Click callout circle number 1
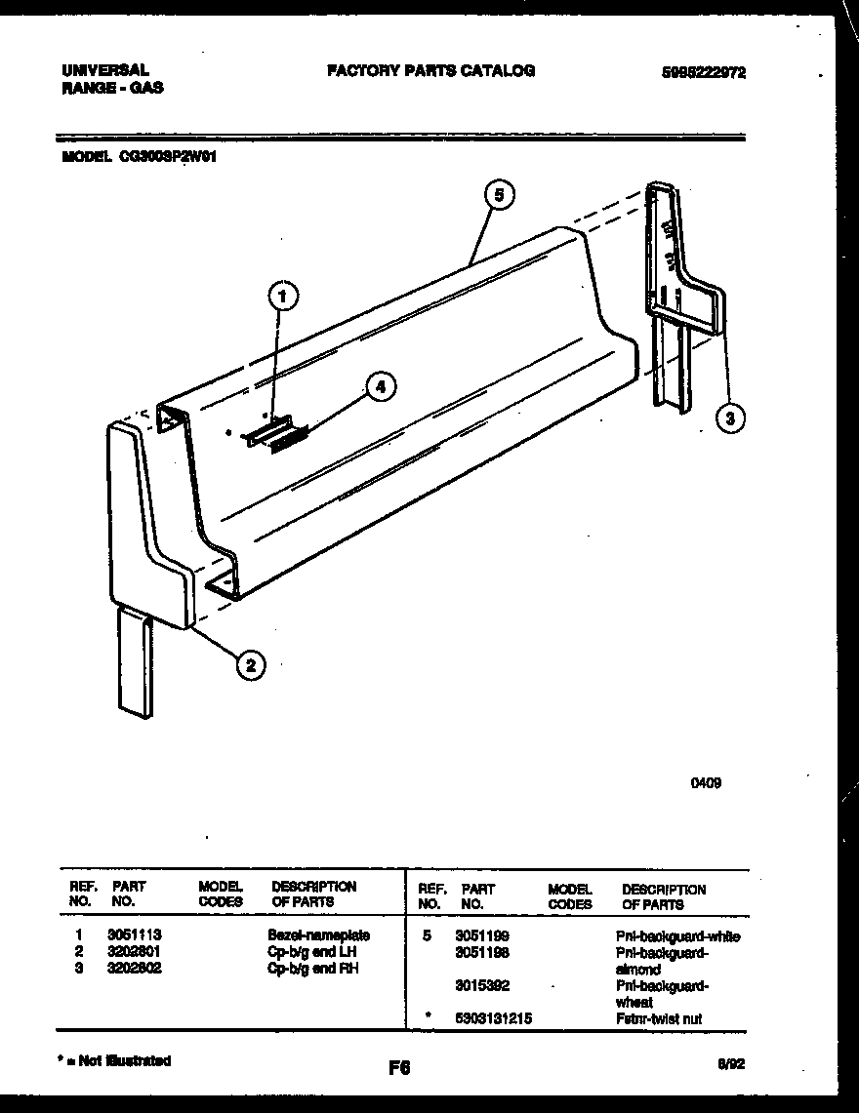[x=282, y=297]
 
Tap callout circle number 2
[x=250, y=665]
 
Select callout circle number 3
[x=729, y=418]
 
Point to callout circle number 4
[x=381, y=387]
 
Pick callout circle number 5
[x=498, y=194]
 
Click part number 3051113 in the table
[x=135, y=934]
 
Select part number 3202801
[x=135, y=951]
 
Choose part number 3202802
[x=135, y=968]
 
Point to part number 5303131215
[x=493, y=1018]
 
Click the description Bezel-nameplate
[x=318, y=934]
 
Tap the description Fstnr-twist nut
[x=658, y=1018]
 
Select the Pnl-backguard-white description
[x=677, y=936]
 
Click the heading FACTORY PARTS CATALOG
[x=430, y=71]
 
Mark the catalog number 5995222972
[x=703, y=72]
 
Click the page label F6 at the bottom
[x=398, y=1068]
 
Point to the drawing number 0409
[x=707, y=782]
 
